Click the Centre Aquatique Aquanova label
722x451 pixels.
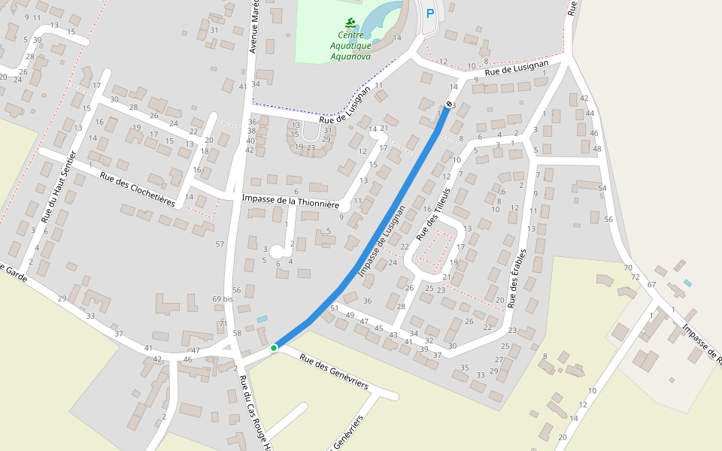click(350, 45)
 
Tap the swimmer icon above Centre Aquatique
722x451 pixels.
click(350, 23)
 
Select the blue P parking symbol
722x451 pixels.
click(430, 13)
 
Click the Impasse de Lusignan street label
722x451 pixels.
click(382, 241)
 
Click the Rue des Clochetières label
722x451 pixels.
click(138, 190)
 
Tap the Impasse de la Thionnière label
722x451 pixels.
click(291, 201)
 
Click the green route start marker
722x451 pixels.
click(274, 348)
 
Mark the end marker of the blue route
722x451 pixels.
click(449, 104)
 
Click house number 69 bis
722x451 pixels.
click(222, 299)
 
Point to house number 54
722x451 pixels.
click(602, 188)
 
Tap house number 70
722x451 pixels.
click(627, 268)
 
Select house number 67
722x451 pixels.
click(652, 285)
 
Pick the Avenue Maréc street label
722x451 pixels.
click(254, 26)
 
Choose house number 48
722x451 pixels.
click(597, 149)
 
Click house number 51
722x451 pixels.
click(334, 308)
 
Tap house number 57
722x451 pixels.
click(220, 244)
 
